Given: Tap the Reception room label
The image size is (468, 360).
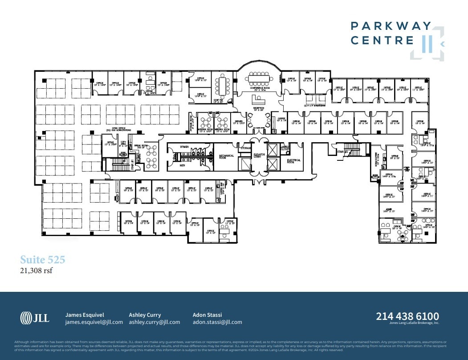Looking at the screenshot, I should coord(259,108).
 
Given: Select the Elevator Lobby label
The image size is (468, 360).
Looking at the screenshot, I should coord(259,156).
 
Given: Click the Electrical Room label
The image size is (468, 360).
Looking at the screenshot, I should coord(294,160).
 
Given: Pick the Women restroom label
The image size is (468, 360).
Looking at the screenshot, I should coord(185,147).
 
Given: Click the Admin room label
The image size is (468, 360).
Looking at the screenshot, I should coord(389,209).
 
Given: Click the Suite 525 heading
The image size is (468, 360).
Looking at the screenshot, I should coord(43,259).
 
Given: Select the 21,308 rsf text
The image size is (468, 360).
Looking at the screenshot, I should coord(37,270).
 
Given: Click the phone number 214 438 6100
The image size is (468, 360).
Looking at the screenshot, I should coord(407,316).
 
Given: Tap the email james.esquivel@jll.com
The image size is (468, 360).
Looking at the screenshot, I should coord(94,322).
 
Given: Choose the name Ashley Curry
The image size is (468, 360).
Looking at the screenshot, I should coord(145,315).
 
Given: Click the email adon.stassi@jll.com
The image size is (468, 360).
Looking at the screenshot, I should coord(217,322).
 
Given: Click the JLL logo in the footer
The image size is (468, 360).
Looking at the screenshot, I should coord(35,318).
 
